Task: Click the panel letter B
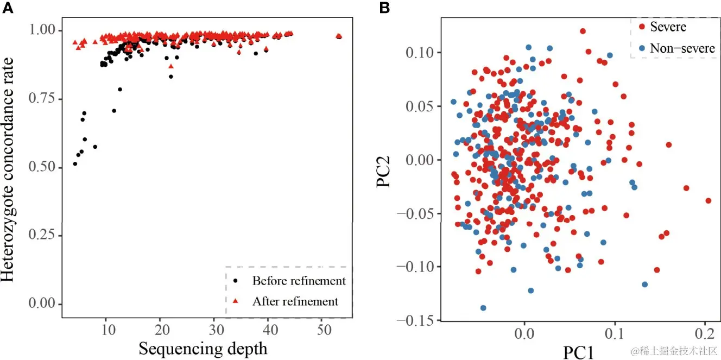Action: [384, 8]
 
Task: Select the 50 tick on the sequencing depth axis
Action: [321, 331]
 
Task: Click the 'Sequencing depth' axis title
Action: [203, 348]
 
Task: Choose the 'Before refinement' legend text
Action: [299, 281]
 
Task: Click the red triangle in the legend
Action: [235, 301]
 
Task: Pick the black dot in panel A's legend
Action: [235, 281]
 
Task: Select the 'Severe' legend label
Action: [668, 27]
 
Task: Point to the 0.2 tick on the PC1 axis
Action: [705, 330]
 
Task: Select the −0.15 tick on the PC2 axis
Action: [416, 320]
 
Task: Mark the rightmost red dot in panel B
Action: [708, 200]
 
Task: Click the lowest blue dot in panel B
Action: [483, 308]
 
